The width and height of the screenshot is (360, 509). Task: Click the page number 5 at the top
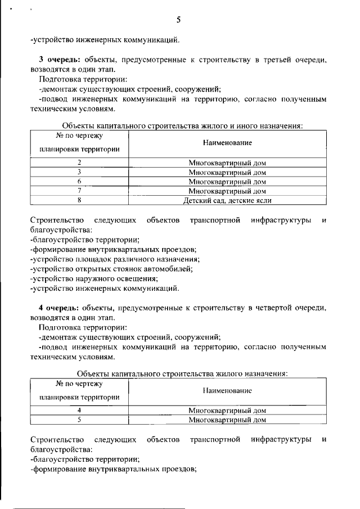[178, 20]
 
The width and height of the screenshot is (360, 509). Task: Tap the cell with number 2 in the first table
[79, 163]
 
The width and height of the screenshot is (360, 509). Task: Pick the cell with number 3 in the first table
[79, 172]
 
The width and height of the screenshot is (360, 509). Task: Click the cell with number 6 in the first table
[79, 182]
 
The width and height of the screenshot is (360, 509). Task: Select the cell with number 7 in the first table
[79, 191]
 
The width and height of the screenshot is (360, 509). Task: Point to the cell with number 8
[79, 200]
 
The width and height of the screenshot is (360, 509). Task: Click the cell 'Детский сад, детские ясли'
[227, 200]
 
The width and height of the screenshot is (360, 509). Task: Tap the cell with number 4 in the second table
[79, 410]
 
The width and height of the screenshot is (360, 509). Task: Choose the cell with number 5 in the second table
[79, 419]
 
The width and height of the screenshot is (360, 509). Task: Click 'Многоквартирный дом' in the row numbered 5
[227, 419]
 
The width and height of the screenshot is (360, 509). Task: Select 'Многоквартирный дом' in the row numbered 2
[227, 163]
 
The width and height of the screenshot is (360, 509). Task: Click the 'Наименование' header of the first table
[227, 143]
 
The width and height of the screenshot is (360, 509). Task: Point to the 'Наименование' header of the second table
[227, 390]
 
